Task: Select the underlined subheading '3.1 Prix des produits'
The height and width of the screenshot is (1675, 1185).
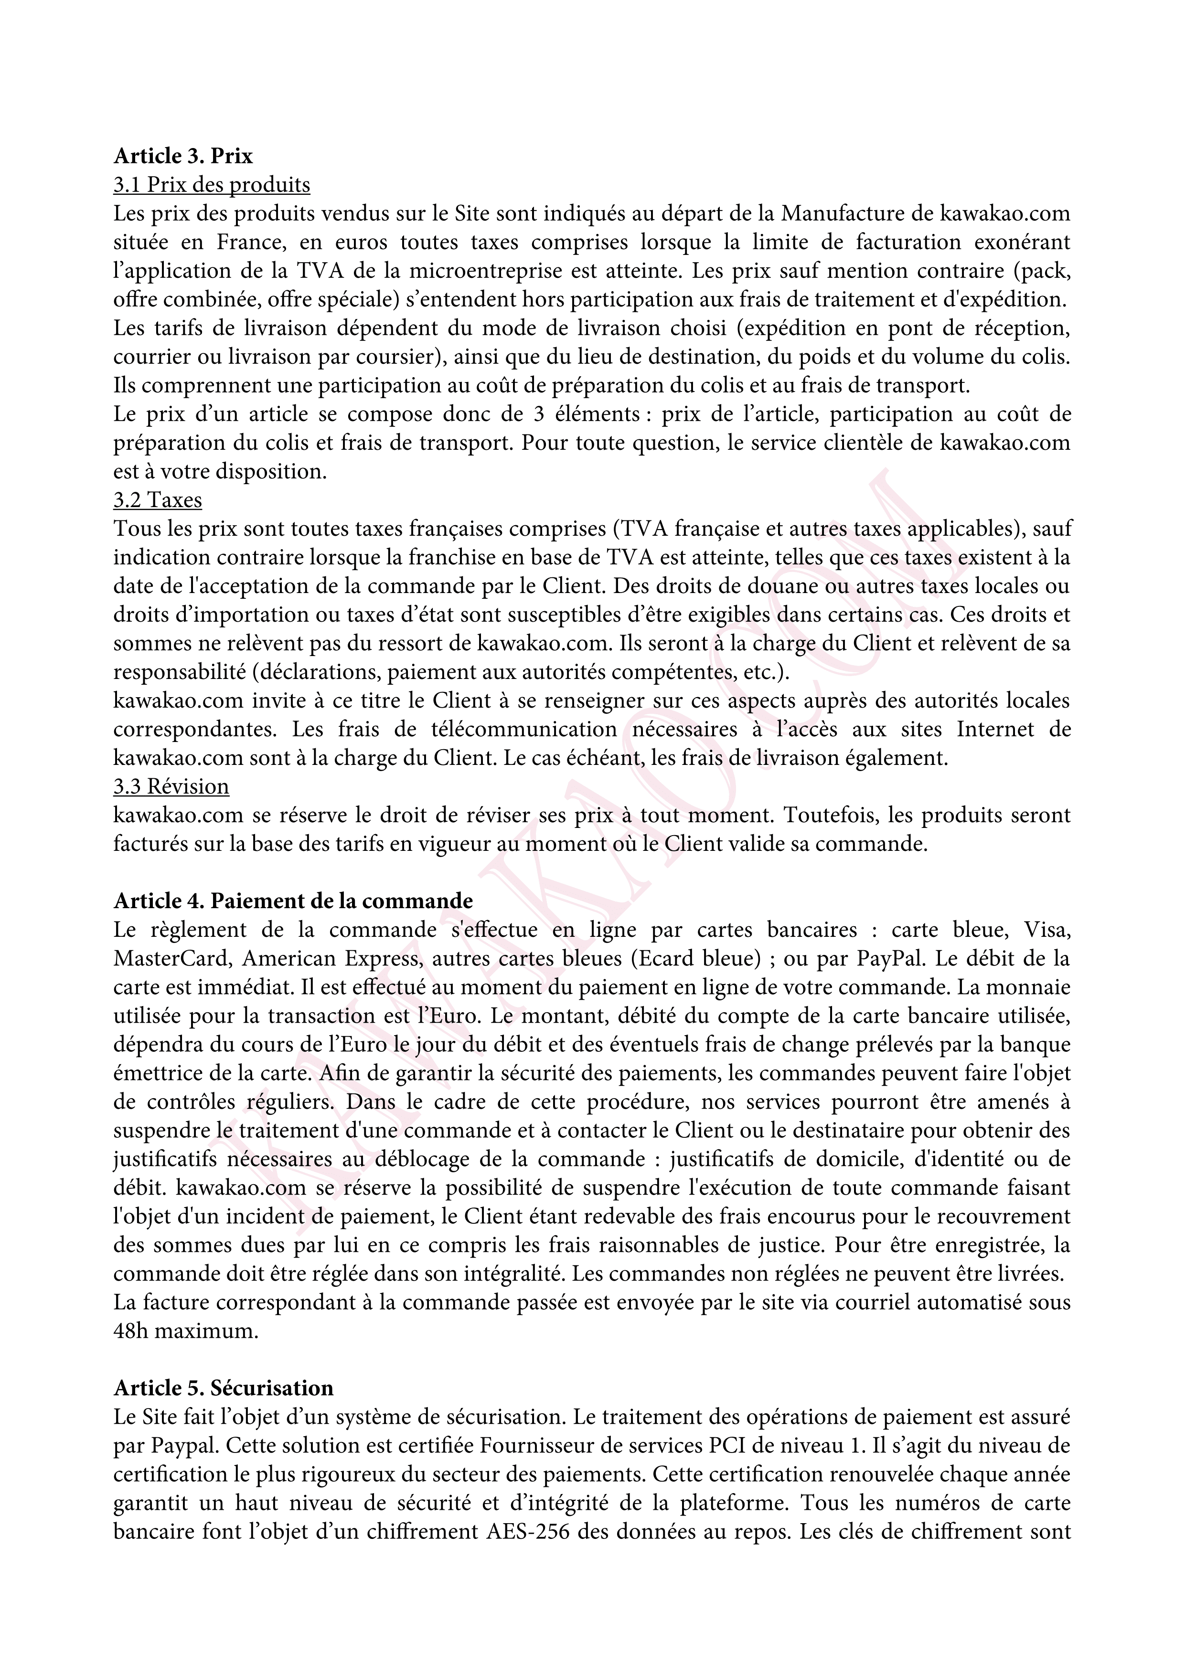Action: (212, 185)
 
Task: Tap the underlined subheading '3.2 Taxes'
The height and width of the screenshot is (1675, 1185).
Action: (158, 500)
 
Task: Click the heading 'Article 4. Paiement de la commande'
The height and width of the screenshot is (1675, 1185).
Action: (293, 901)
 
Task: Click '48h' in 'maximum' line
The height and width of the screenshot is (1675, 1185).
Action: (130, 1331)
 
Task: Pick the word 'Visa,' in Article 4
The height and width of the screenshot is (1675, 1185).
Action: (1046, 930)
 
